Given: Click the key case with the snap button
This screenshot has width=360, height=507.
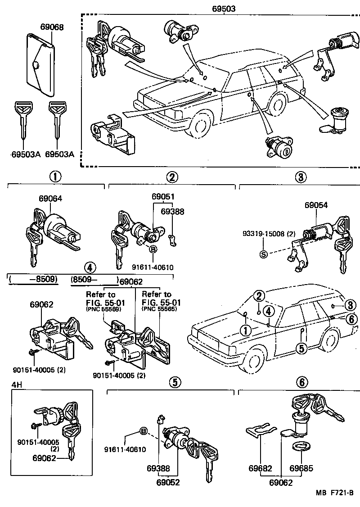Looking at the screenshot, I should pyautogui.click(x=40, y=64).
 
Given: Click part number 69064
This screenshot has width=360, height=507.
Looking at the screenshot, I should pyautogui.click(x=50, y=198).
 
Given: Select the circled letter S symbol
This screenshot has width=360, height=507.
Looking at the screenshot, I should pyautogui.click(x=264, y=254).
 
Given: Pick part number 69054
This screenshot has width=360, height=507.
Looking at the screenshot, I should pyautogui.click(x=315, y=205).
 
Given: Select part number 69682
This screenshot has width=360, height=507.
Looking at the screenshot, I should pyautogui.click(x=260, y=468).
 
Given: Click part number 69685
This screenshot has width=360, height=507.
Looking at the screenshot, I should pyautogui.click(x=301, y=468).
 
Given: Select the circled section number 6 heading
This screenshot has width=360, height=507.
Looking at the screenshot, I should pyautogui.click(x=302, y=382).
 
